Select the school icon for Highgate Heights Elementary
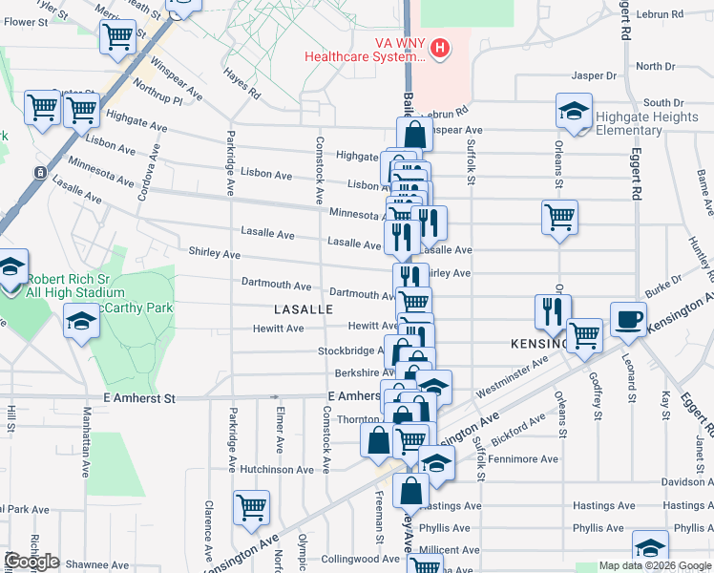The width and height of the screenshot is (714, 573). [574, 113]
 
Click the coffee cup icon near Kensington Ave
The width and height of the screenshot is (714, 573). [628, 320]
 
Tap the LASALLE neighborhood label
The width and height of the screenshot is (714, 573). [304, 310]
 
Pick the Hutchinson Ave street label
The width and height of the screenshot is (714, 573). [277, 470]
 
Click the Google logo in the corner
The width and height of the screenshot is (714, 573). [31, 562]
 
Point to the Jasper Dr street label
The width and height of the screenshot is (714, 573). [594, 75]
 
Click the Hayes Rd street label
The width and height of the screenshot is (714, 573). [241, 83]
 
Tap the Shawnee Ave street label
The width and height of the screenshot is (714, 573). [98, 564]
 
